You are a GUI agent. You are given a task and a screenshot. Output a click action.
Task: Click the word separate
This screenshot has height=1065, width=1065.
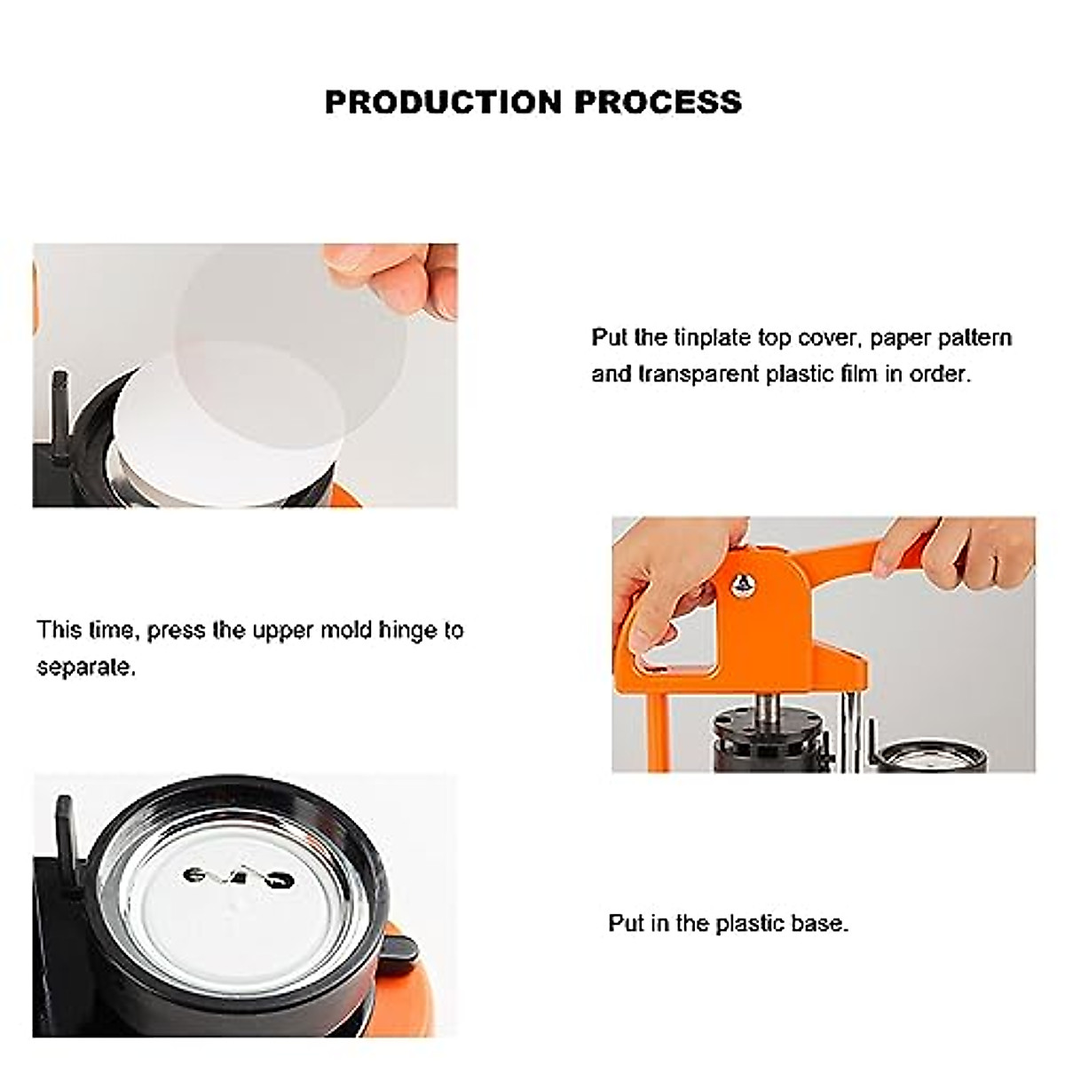click(85, 667)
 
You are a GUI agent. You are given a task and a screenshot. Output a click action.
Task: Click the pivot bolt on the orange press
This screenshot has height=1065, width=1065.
click(744, 583)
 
